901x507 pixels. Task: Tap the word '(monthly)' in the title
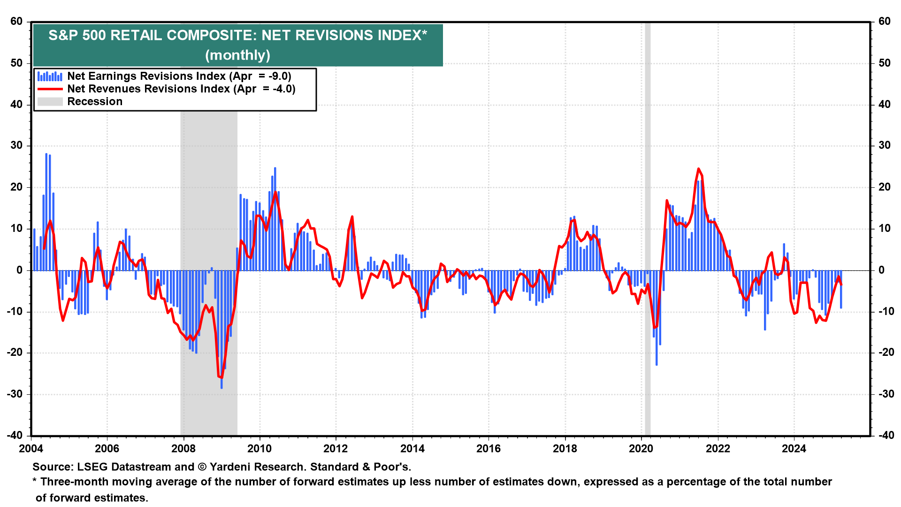coord(237,55)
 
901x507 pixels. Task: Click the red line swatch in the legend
coord(50,89)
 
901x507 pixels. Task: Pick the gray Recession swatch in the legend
coord(50,102)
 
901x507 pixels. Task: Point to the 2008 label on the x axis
coord(183,449)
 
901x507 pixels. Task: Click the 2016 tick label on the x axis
coord(489,449)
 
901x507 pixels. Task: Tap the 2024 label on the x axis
coord(794,449)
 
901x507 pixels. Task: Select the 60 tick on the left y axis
coord(16,22)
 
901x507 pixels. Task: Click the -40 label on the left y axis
coord(15,435)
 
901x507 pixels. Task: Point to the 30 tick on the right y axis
coord(884,146)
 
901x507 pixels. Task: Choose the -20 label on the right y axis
coord(882,353)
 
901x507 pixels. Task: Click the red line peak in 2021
coord(698,169)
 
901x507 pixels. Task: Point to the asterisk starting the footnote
coord(34,481)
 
